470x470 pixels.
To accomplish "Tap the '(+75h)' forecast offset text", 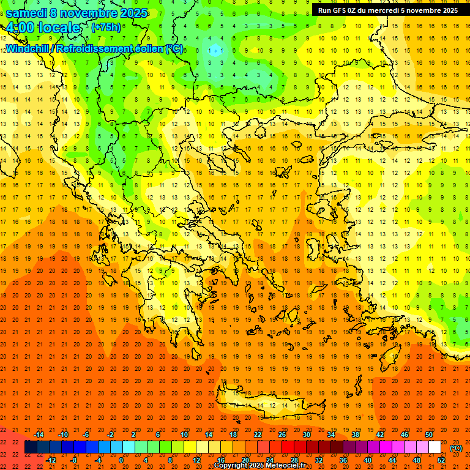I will [106, 27].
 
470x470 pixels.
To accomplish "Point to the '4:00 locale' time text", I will [43, 28].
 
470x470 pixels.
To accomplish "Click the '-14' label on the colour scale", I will [39, 435].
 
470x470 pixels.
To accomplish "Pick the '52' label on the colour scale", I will [441, 460].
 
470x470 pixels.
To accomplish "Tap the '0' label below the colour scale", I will [121, 460].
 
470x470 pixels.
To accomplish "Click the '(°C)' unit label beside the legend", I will [456, 448].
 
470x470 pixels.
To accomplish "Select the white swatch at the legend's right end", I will [435, 447].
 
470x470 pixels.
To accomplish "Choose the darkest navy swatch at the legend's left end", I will [31, 447].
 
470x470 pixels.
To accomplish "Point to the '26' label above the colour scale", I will [282, 435].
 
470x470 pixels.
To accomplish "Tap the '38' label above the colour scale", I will [356, 435].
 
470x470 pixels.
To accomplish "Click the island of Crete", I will [263, 405].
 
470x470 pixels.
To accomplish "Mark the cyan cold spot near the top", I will [214, 51].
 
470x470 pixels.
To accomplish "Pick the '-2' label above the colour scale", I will [111, 435].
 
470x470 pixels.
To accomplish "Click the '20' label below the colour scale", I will [245, 460].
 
